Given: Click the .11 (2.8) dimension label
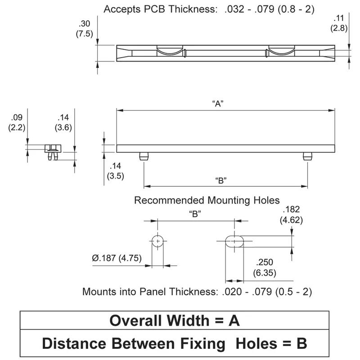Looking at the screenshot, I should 338,23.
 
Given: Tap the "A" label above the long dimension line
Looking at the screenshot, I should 218,103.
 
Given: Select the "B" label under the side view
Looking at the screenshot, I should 220,180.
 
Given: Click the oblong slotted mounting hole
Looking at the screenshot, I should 234,241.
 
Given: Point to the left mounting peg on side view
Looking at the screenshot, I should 144,156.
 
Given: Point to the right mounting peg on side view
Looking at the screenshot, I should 307,156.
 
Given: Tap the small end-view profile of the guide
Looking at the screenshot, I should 53,151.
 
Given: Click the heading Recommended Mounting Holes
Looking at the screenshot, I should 207,200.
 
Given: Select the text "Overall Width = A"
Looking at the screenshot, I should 175,320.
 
